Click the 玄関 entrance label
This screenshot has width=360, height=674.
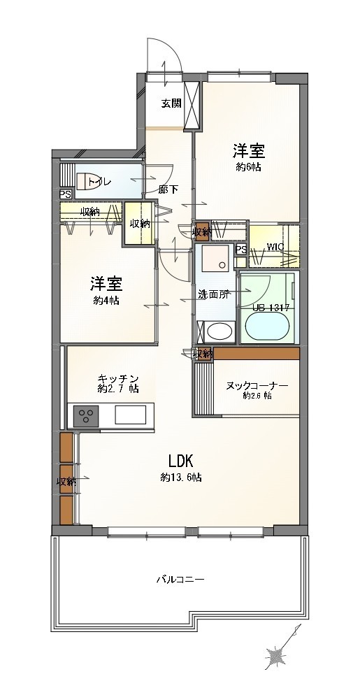171,103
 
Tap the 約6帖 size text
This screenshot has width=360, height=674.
248,168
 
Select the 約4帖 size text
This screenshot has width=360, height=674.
106,301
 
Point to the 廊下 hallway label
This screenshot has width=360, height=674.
168,189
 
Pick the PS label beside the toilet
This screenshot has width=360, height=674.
65,195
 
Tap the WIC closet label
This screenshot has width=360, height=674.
275,247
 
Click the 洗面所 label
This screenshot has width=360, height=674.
213,294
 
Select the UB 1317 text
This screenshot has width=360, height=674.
271,307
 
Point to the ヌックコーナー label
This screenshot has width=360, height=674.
257,385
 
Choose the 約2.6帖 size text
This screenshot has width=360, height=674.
257,396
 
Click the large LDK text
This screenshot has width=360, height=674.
184,461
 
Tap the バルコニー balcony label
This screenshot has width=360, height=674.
180,580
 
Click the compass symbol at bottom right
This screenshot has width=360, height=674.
277,656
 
